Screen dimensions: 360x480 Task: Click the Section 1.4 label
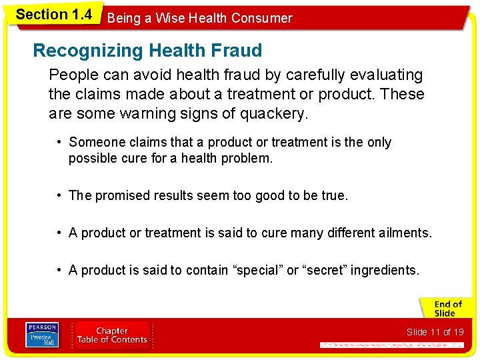[x=53, y=15]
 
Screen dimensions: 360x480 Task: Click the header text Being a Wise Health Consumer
[x=199, y=18]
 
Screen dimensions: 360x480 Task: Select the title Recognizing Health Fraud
[x=147, y=50]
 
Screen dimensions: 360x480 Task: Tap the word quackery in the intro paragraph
[x=277, y=114]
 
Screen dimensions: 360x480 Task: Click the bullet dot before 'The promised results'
[x=60, y=195]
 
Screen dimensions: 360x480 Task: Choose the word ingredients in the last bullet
[x=385, y=270]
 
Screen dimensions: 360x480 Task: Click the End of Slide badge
[x=446, y=309]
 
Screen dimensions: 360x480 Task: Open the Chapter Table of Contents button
[x=111, y=335]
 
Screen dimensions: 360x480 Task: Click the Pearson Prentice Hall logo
[x=41, y=335]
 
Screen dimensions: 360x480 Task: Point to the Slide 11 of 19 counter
[x=435, y=332]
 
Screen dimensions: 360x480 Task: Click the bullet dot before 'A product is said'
[x=60, y=270]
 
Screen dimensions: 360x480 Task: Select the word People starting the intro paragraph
[x=72, y=75]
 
